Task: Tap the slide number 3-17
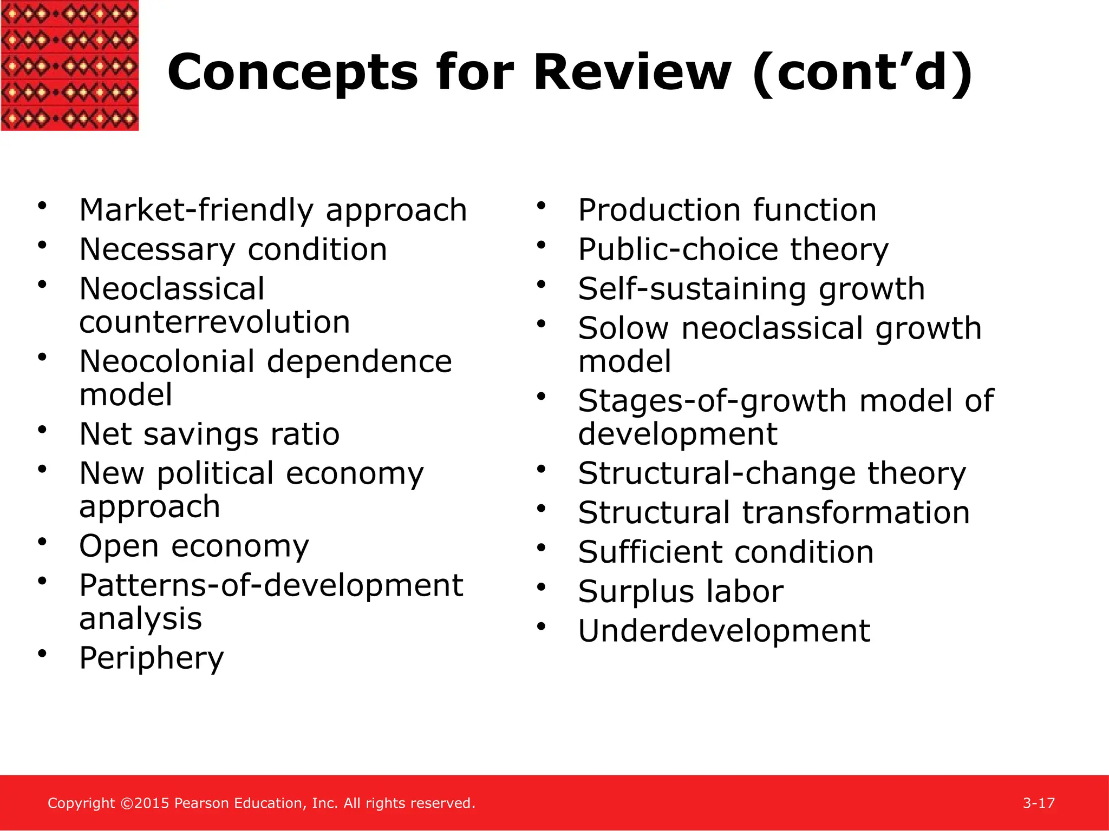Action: tap(1039, 803)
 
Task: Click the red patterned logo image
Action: tap(69, 65)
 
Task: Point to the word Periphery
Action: tap(151, 658)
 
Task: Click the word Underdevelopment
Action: tap(724, 631)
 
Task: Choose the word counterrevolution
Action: tap(214, 322)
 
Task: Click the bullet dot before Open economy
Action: tap(42, 542)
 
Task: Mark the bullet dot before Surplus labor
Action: tap(541, 587)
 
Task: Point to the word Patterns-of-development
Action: tap(271, 585)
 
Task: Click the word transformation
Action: tap(856, 513)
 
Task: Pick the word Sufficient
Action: tap(650, 552)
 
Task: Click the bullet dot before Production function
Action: tap(541, 206)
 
